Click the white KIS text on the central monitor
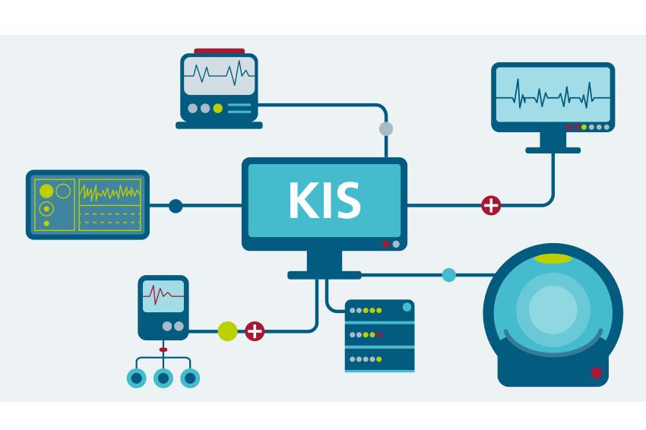(325, 200)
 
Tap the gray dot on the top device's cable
(386, 128)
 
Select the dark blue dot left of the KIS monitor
(176, 206)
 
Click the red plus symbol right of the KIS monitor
(491, 205)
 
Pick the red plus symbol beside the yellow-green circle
(255, 331)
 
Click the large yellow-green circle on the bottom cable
(227, 331)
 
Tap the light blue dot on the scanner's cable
(448, 275)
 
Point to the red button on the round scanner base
(596, 373)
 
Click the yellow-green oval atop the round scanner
(553, 258)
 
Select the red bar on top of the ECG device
(219, 51)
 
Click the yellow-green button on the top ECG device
(218, 109)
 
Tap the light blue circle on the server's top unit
(407, 307)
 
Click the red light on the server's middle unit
(378, 335)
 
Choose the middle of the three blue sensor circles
(163, 378)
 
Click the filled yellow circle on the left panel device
(46, 191)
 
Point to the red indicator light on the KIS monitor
(385, 244)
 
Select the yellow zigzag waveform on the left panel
(109, 192)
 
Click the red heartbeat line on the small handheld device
(163, 294)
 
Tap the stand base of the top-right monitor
(553, 150)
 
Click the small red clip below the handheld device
(163, 349)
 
